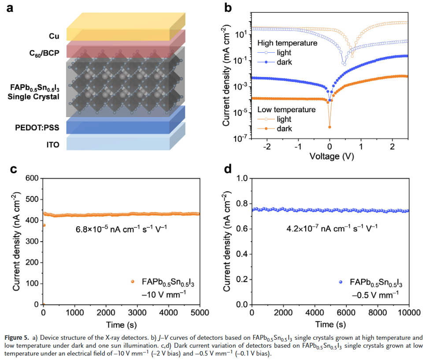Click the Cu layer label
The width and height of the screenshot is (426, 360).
(54, 36)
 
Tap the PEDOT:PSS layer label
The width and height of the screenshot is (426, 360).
(39, 128)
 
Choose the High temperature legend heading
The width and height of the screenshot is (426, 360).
(287, 43)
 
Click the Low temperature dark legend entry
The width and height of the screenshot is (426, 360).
(284, 129)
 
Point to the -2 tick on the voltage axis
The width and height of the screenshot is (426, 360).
(267, 146)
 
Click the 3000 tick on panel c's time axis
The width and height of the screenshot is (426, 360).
(137, 313)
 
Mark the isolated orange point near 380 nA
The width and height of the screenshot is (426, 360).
(43, 225)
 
